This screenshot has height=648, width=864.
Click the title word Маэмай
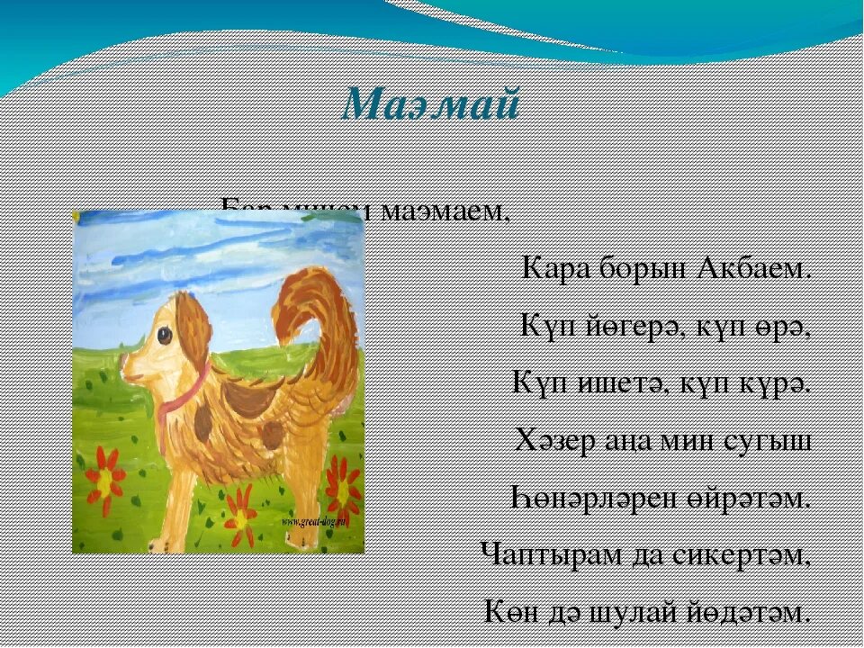point(432,105)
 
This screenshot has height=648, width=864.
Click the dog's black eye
point(164,335)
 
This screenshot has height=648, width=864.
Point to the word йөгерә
point(630,326)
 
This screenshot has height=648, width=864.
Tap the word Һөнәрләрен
point(602,498)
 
